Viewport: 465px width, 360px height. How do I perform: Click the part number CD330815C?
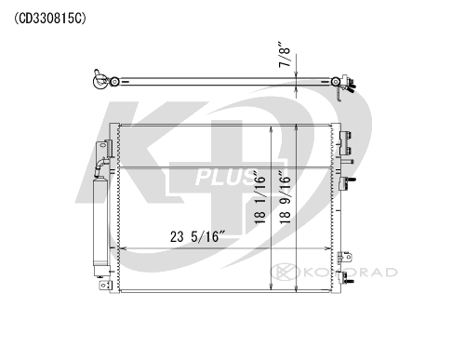pyautogui.click(x=50, y=19)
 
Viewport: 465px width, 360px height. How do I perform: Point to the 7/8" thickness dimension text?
pyautogui.click(x=285, y=54)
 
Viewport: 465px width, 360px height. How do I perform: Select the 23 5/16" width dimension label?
pyautogui.click(x=197, y=236)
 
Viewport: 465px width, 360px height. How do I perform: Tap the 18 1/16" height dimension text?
pyautogui.click(x=259, y=197)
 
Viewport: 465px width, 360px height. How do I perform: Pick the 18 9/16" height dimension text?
pyautogui.click(x=285, y=197)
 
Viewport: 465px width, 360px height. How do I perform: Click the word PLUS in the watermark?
pyautogui.click(x=225, y=178)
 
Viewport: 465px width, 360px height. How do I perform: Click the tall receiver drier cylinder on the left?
pyautogui.click(x=100, y=221)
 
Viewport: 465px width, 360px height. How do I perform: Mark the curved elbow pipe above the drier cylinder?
pyautogui.click(x=101, y=165)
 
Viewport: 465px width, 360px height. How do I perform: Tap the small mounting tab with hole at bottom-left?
pyautogui.click(x=104, y=285)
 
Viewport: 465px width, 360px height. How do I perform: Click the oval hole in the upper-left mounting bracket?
pyautogui.click(x=101, y=146)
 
